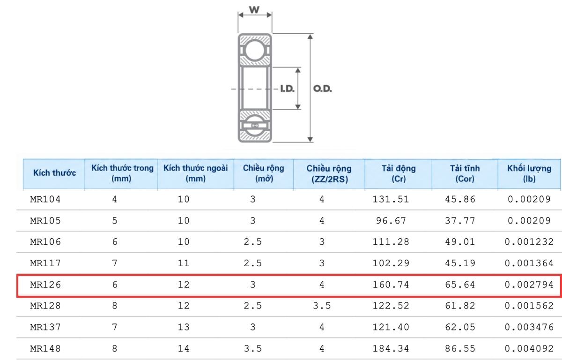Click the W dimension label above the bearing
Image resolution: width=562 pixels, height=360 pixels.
[x=254, y=9]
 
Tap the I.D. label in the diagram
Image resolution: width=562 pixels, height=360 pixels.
[x=287, y=89]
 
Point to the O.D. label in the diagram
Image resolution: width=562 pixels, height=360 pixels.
[x=322, y=89]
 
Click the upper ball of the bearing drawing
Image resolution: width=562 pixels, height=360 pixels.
[x=255, y=50]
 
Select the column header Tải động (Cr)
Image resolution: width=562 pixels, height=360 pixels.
[x=399, y=173]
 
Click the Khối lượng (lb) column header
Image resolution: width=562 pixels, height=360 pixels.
[x=529, y=173]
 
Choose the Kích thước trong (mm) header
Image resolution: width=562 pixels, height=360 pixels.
[x=122, y=173]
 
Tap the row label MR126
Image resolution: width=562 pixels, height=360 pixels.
[x=45, y=285]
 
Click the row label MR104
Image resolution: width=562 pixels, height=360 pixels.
[x=45, y=199]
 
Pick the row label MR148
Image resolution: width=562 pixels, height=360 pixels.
[x=45, y=348]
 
